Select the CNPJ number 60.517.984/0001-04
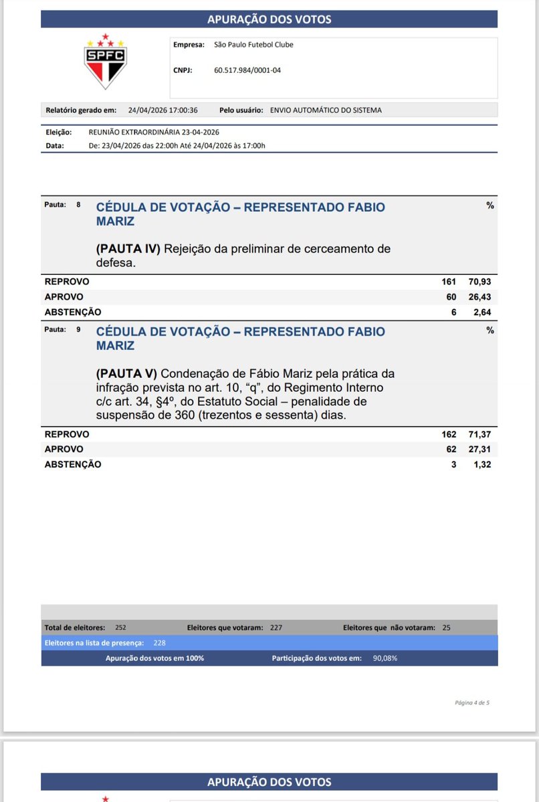pos(247,70)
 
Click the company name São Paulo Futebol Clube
pos(253,45)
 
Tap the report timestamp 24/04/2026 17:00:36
pos(163,110)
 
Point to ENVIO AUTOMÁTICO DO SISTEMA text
pos(326,110)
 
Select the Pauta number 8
pos(78,205)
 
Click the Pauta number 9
pos(78,329)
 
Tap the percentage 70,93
pos(479,282)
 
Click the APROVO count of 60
pos(451,297)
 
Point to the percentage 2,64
pos(481,312)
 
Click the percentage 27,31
pos(479,449)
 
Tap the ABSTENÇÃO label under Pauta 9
pos(73,464)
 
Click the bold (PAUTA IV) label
pos(128,249)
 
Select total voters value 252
pos(120,627)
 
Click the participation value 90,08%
pos(385,658)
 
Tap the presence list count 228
pos(160,642)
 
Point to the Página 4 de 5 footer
pos(471,702)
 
